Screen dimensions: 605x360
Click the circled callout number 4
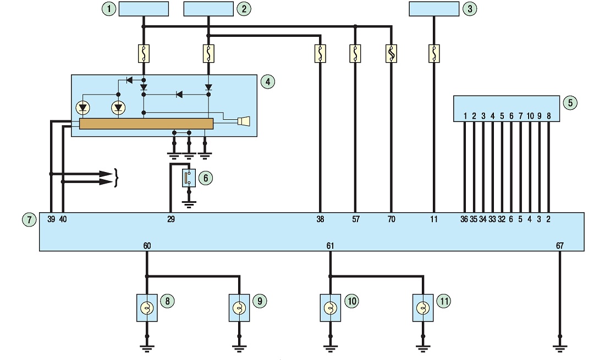tap(268, 82)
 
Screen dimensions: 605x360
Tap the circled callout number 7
tap(29, 220)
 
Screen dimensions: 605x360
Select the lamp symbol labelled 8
tap(147, 308)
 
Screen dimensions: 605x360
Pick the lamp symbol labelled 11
tap(423, 308)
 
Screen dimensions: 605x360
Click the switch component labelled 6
tap(189, 178)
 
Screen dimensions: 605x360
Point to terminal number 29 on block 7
tap(171, 219)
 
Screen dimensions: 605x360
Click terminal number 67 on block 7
tap(560, 246)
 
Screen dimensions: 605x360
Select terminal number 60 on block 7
tap(147, 246)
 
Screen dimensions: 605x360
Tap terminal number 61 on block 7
tap(331, 246)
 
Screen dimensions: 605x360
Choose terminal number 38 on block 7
tap(320, 219)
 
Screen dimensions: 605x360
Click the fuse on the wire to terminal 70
tap(391, 53)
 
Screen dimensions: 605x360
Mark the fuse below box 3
tap(434, 53)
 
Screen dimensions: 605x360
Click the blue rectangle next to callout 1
tap(144, 9)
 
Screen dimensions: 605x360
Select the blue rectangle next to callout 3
tap(434, 9)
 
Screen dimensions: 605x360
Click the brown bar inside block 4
tap(146, 124)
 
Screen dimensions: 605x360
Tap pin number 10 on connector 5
tap(530, 116)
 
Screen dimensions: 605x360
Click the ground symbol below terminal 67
tap(560, 348)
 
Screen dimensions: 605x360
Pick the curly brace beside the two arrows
tap(116, 178)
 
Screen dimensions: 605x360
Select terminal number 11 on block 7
tap(434, 219)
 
